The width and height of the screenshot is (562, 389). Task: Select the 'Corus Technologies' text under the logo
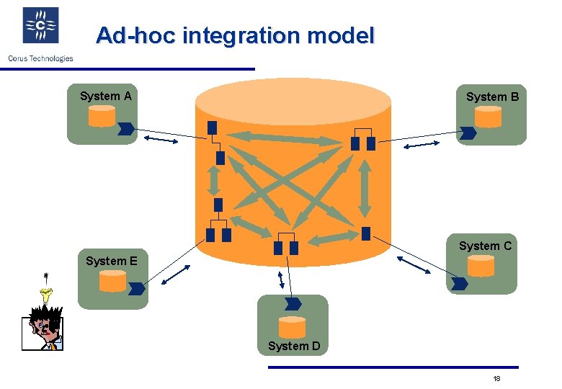[x=40, y=58]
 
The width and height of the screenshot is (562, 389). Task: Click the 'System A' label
[x=105, y=96]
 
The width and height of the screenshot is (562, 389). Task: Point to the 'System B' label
[x=492, y=97]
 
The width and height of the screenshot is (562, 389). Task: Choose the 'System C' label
[x=485, y=246]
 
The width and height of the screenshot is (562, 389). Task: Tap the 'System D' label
[x=294, y=346]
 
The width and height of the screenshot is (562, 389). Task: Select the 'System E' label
[x=111, y=261]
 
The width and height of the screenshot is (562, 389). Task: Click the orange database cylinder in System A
[x=102, y=116]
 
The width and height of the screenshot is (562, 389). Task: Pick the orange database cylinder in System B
[x=489, y=117]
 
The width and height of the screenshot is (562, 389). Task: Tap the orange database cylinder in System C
[x=481, y=267]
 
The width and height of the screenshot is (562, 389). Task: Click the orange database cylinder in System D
[x=292, y=327]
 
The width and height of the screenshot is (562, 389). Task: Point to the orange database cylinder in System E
[x=112, y=281]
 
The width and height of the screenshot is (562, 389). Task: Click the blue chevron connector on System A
[x=125, y=130]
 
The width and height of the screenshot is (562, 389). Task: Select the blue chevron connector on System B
[x=469, y=133]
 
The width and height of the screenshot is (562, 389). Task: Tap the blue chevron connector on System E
[x=137, y=289]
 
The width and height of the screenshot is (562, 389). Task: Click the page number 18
[x=496, y=379]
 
